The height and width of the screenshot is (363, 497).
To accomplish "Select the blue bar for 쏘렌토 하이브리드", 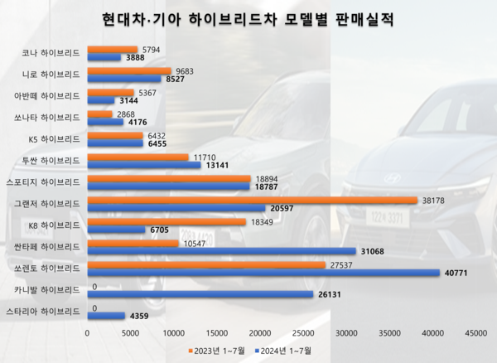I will pos(263,272).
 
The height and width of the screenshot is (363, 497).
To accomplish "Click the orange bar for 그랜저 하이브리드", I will pos(252,200).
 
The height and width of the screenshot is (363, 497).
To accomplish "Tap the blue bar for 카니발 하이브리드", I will pos(200,293).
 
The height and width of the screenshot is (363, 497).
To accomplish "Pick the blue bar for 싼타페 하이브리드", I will pos(221,250).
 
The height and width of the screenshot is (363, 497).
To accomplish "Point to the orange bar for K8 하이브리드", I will pos(166,222).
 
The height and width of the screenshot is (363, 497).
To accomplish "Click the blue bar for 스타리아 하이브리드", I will pos(105,315).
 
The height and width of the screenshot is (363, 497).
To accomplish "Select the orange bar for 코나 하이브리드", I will pos(112,50).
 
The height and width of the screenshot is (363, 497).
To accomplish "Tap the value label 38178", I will pos(435,200).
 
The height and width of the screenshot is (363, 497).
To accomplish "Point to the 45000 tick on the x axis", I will pos(475,332).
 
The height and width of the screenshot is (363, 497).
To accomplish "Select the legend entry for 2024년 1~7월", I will pos(282,351).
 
